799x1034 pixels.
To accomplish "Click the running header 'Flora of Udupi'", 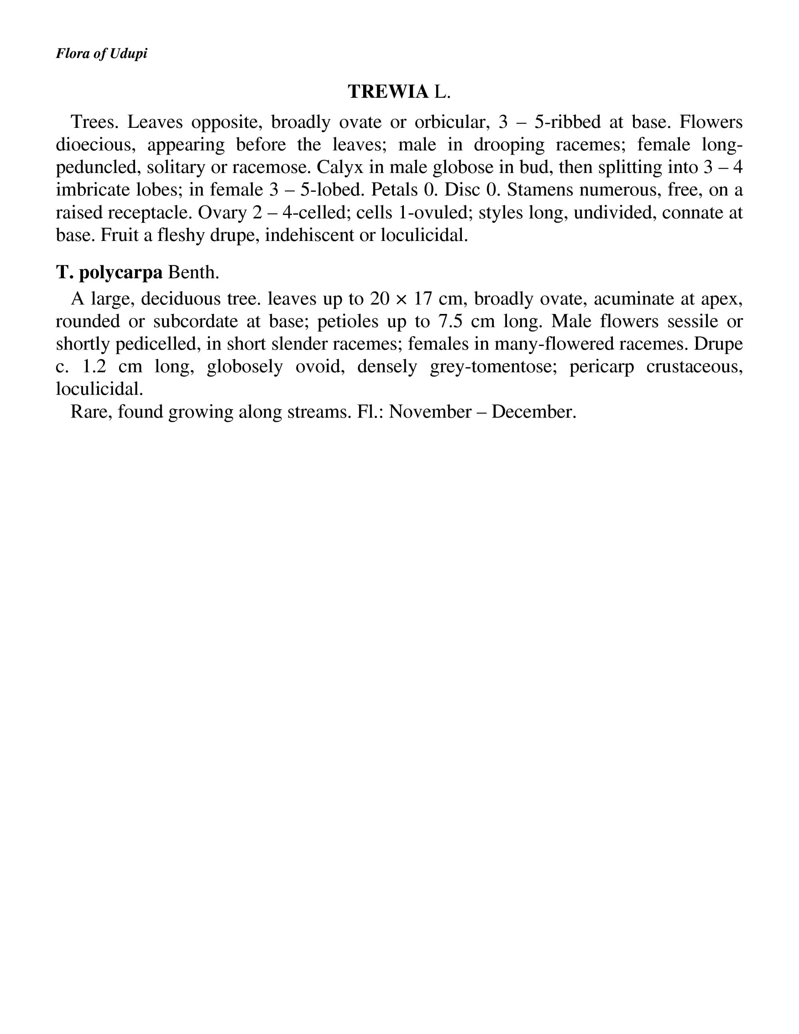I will pyautogui.click(x=101, y=53).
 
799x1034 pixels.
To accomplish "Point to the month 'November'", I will pyautogui.click(x=429, y=412).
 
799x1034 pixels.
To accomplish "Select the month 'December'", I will pyautogui.click(x=533, y=412).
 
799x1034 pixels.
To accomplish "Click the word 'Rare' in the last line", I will pyautogui.click(x=91, y=412).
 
